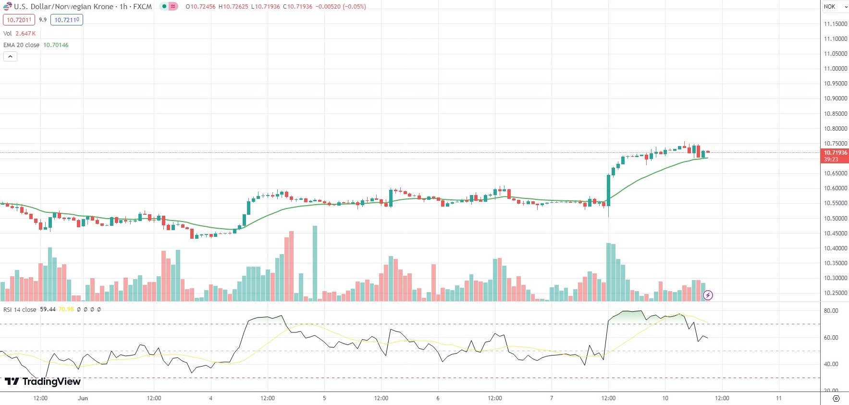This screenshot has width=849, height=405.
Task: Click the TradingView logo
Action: click(42, 381)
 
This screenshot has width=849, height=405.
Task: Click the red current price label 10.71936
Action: click(835, 153)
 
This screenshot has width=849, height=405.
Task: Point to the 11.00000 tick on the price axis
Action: click(836, 69)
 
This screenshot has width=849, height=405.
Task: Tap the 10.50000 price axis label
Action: click(836, 219)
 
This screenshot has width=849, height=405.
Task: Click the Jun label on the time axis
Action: click(83, 398)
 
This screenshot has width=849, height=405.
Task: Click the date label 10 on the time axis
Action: click(665, 398)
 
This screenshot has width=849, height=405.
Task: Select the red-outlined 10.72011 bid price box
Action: click(19, 20)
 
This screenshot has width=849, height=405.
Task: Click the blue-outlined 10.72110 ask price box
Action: click(67, 20)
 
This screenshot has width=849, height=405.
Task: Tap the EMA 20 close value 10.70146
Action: click(56, 45)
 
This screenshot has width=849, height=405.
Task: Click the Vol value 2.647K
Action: click(25, 34)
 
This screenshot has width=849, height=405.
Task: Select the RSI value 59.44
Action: click(48, 309)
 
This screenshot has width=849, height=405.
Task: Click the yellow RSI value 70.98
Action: click(66, 309)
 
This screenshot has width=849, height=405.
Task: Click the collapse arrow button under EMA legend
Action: click(10, 57)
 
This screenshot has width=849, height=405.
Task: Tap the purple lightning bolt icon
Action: click(708, 295)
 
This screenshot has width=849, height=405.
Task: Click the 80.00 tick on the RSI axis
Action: click(831, 311)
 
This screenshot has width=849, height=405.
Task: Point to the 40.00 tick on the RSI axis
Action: click(831, 364)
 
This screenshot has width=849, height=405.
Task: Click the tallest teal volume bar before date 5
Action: click(315, 263)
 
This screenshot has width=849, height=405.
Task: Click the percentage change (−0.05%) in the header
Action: click(354, 7)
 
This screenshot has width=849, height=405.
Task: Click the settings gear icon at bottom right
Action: click(836, 399)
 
